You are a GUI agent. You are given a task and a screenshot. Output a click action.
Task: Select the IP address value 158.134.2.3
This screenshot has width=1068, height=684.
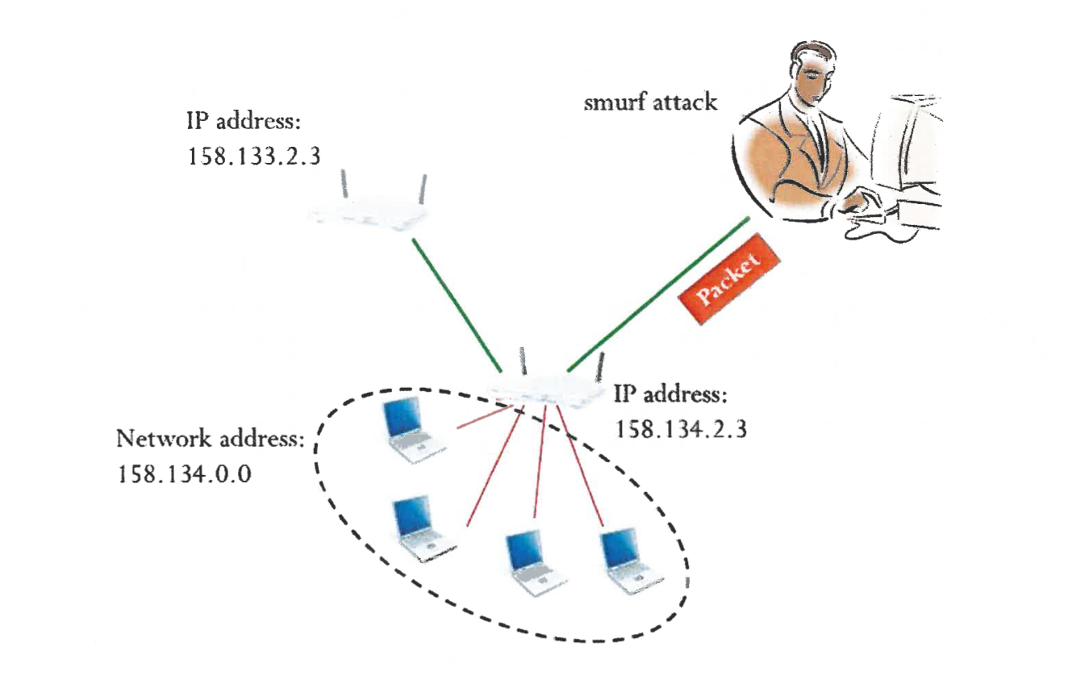click(x=681, y=428)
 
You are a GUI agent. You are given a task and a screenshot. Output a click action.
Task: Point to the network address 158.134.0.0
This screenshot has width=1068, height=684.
click(x=185, y=473)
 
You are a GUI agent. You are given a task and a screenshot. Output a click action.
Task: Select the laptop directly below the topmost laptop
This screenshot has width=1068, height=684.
click(x=421, y=528)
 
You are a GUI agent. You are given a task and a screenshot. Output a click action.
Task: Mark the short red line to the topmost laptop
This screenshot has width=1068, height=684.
click(x=484, y=417)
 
